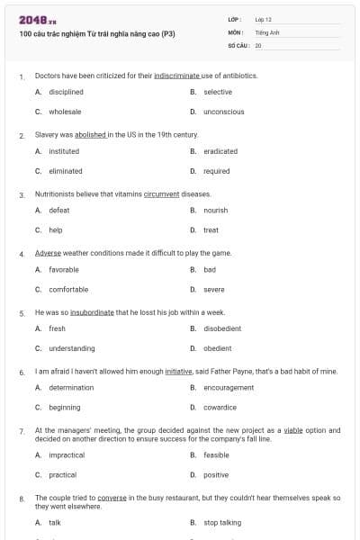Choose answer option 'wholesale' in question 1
pos(65,112)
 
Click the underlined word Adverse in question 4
pos(48,253)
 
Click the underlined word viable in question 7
pos(292,430)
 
